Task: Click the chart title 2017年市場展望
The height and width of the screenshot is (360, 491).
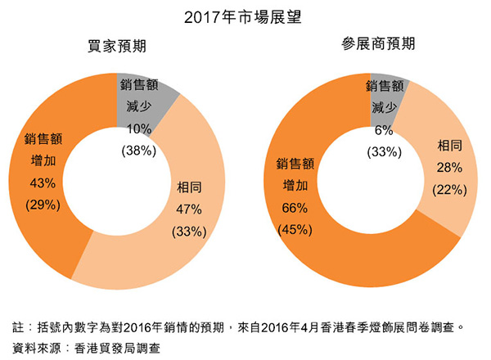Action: pyautogui.click(x=245, y=15)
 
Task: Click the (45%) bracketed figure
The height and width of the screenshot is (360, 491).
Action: pyautogui.click(x=291, y=228)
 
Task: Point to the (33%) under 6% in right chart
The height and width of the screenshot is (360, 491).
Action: pyautogui.click(x=384, y=151)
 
